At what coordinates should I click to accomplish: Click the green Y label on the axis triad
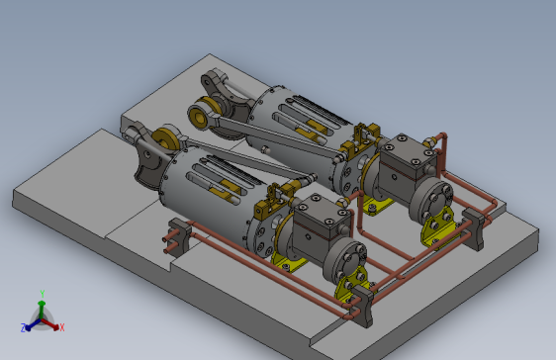tap(42, 293)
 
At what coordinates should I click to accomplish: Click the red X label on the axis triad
tap(61, 326)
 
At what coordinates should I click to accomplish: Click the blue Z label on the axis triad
tap(23, 327)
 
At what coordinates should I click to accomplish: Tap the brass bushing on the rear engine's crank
tap(202, 116)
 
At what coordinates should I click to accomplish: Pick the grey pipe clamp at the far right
tap(479, 227)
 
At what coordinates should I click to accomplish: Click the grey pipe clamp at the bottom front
tap(363, 306)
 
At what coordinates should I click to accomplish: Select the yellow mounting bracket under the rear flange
tap(435, 230)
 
